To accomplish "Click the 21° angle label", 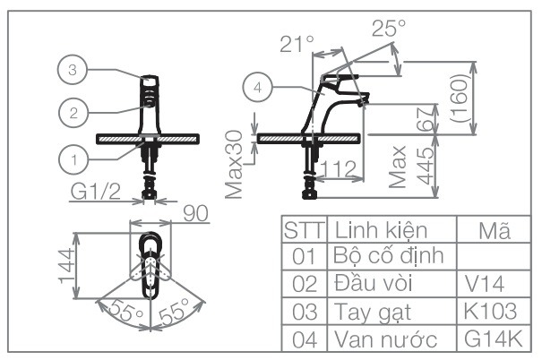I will [297, 41].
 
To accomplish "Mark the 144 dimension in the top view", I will [64, 267].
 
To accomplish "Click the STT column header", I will [305, 229].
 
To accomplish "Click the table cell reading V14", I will [485, 284].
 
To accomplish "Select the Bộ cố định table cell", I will [389, 257].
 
